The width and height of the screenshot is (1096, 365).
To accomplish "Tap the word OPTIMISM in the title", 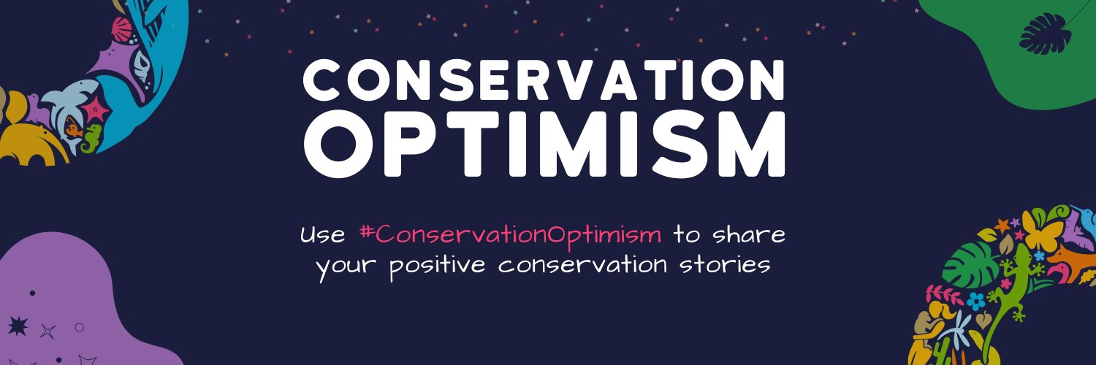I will (x=545, y=146).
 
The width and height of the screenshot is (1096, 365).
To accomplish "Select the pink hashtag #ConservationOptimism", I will (x=511, y=235).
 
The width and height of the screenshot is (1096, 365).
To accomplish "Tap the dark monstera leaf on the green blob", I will (x=1045, y=34).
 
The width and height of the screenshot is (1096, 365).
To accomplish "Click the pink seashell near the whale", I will (x=121, y=30).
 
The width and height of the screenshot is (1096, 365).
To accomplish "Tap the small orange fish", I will (x=72, y=130).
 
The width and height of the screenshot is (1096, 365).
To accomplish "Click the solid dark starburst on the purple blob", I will (x=16, y=326).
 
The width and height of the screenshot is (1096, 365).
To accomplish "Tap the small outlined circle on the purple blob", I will (x=80, y=326).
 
